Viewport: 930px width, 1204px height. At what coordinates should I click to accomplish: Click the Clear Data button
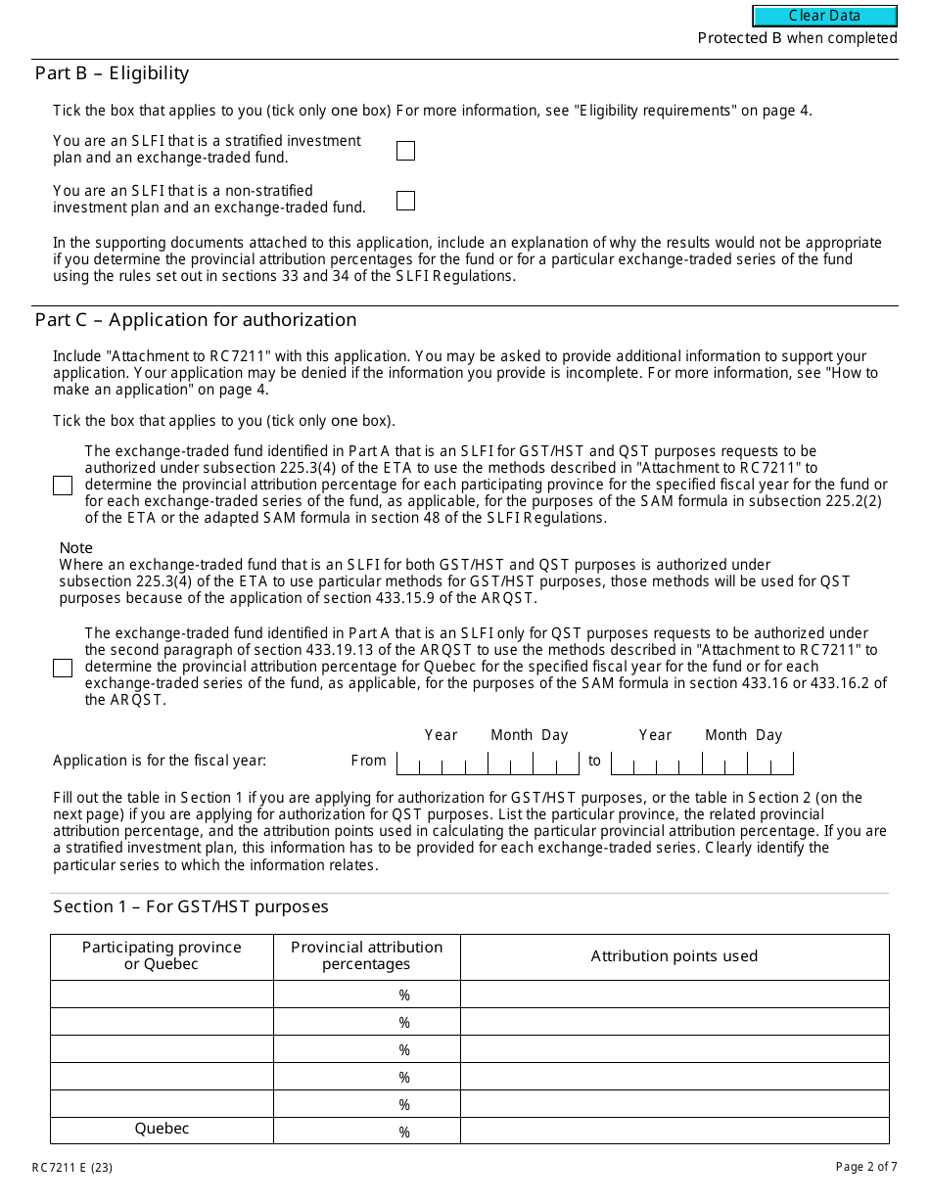[x=824, y=16]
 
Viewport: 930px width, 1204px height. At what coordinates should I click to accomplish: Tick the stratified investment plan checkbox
[x=405, y=151]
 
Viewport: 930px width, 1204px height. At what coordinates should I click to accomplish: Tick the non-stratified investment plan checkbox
[x=405, y=201]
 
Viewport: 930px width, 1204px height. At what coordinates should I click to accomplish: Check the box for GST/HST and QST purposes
[x=63, y=486]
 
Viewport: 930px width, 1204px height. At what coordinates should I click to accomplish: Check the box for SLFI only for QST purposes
[x=63, y=668]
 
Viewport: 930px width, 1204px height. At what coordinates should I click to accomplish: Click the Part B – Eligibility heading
[x=112, y=73]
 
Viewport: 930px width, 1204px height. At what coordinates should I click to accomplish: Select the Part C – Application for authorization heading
[x=196, y=320]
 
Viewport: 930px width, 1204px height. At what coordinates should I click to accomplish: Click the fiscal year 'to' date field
[x=701, y=762]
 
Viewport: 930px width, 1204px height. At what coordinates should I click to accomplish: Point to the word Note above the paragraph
[x=76, y=548]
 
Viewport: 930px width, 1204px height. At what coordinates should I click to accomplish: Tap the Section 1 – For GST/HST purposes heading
[x=191, y=906]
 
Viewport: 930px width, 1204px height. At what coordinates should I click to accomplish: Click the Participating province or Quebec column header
[x=162, y=955]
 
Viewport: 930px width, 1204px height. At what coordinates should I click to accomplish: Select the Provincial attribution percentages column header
[x=366, y=955]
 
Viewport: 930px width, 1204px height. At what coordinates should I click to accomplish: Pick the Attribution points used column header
[x=674, y=956]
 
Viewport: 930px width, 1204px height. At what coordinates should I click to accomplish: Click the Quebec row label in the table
[x=162, y=1129]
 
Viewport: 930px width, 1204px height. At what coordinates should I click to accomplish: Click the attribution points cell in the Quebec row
[x=674, y=1131]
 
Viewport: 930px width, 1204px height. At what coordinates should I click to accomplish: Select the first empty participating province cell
[x=162, y=995]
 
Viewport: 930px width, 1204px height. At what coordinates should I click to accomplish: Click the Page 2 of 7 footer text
[x=865, y=1167]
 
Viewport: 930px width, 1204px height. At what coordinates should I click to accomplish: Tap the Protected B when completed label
[x=797, y=38]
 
